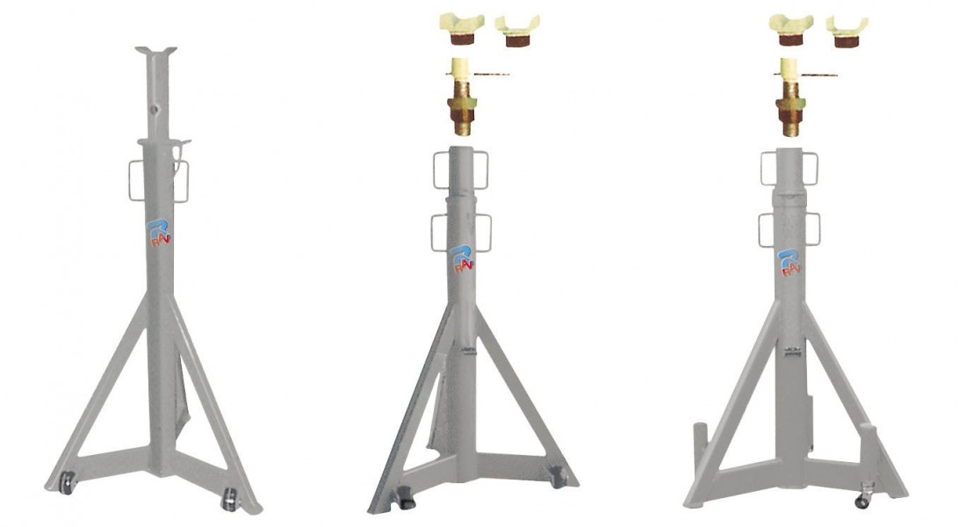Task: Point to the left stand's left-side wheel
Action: coord(66,482)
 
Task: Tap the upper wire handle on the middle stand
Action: coord(460,169)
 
